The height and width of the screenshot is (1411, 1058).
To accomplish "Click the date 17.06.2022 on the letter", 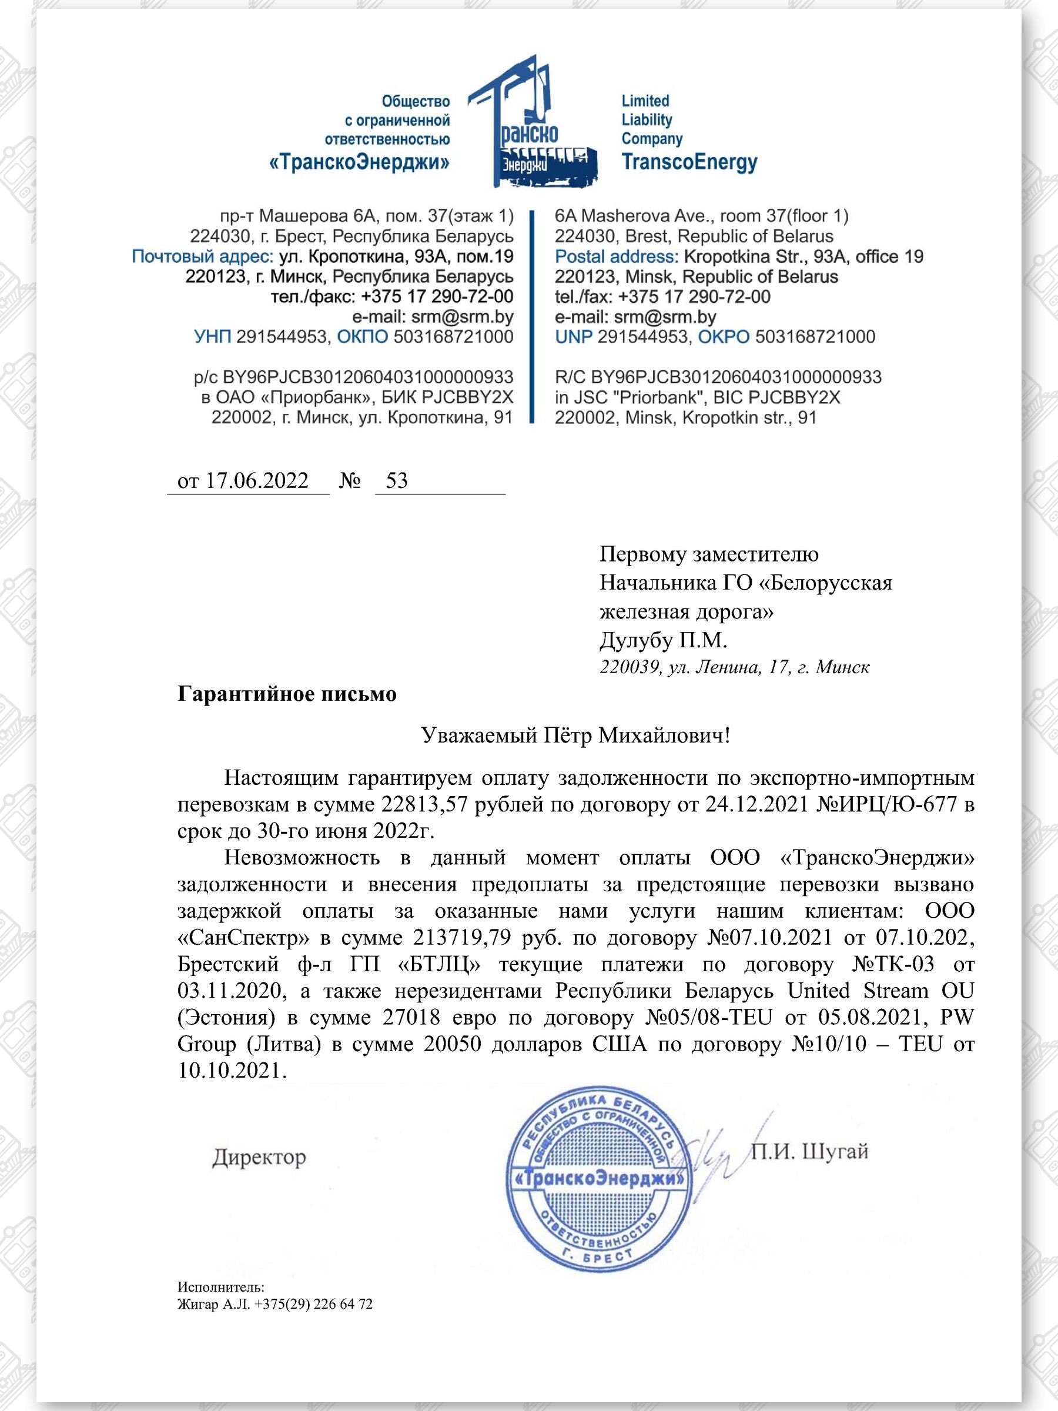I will coord(256,480).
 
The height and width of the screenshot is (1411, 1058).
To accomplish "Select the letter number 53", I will coord(397,480).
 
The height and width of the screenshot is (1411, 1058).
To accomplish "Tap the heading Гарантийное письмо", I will coord(286,693).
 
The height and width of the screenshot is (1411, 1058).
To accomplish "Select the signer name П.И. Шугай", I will coord(809,1151).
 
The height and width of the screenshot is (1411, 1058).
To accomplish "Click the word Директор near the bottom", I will coord(259,1156).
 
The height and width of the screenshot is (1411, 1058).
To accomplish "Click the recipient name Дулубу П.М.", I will coord(663,640).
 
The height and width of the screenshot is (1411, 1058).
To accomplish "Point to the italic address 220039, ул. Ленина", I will coord(734,667).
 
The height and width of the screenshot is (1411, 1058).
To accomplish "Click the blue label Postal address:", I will coord(616,256).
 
